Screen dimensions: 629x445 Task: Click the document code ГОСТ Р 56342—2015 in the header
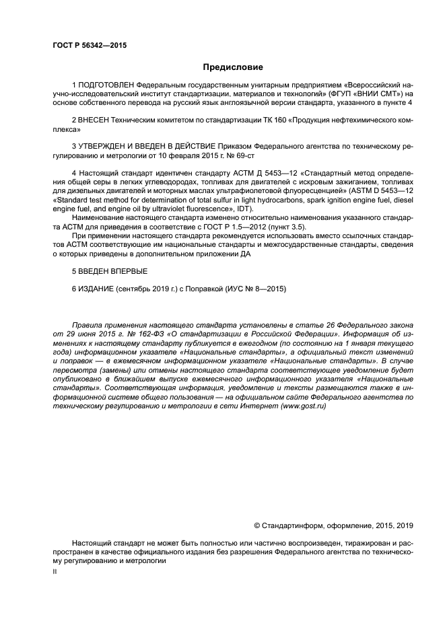[x=89, y=45]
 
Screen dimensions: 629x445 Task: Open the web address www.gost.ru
[x=304, y=407]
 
